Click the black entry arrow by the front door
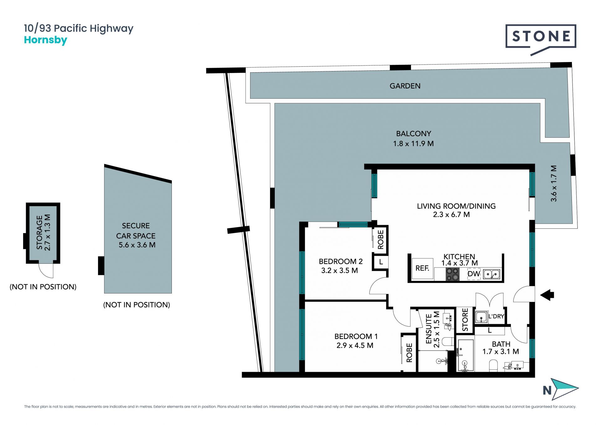tap(547, 295)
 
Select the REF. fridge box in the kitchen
tap(422, 268)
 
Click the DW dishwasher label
tap(474, 274)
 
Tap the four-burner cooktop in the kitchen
tap(452, 274)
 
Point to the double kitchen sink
tap(492, 274)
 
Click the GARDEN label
tap(405, 86)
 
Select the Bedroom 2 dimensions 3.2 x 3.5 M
tap(339, 271)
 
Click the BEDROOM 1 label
tap(356, 336)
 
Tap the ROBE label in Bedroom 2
tap(381, 240)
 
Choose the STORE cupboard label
tap(465, 320)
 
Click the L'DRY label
tap(496, 316)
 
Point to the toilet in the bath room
tap(493, 365)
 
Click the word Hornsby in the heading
tap(45, 40)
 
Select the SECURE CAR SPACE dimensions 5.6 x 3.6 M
tap(137, 245)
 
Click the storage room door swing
tap(46, 271)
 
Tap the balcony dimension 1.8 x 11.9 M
tap(413, 144)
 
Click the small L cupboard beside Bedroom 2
tap(381, 262)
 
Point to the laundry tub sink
tap(481, 317)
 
